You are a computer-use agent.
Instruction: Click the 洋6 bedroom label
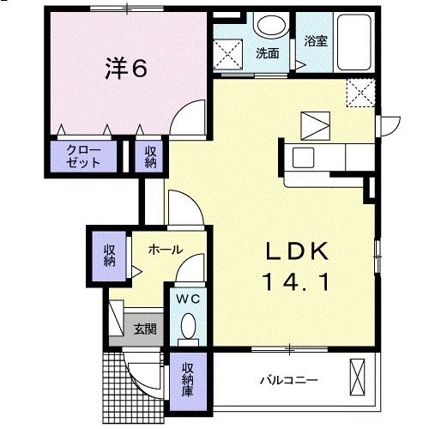tap(124, 69)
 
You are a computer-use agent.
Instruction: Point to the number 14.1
tap(296, 280)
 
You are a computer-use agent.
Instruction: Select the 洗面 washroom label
tap(267, 53)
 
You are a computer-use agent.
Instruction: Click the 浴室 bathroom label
tap(316, 41)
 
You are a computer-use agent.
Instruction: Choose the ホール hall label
tap(165, 250)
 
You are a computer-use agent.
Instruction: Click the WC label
tap(188, 299)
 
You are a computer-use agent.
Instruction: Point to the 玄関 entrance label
tap(144, 327)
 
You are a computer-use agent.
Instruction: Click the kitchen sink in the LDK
tap(305, 157)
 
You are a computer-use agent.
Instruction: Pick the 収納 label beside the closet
tap(151, 157)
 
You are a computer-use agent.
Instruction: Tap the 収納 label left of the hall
tap(110, 254)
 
